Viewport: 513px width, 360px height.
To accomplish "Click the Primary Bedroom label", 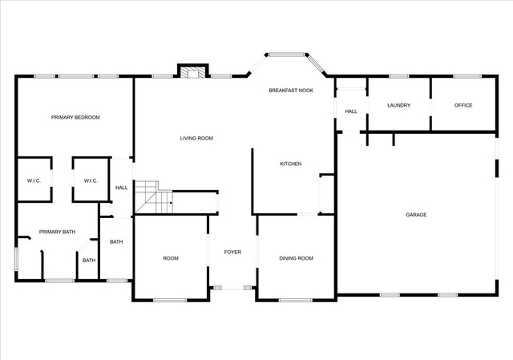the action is point(75,118).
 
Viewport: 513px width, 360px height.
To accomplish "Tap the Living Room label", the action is point(196,139).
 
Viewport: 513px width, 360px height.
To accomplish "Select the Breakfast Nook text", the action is point(291,91).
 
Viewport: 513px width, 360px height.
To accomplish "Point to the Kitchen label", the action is point(290,164).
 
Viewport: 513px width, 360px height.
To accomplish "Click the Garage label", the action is point(416,215).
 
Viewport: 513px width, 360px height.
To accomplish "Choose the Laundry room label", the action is point(398,105).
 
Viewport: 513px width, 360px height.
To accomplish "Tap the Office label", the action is point(463,105).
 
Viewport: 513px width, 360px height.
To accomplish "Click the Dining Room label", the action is point(296,258).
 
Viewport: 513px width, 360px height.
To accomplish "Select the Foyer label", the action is point(232,252).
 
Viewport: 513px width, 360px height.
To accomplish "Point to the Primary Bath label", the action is point(57,232).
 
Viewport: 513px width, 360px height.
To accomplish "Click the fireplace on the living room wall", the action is point(193,71).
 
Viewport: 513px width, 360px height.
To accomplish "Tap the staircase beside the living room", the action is point(154,197).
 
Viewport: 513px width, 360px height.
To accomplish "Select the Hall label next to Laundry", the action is point(351,111).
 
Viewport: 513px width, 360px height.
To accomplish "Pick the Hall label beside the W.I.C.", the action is point(121,188).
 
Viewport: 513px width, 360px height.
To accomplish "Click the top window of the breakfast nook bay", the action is point(287,55).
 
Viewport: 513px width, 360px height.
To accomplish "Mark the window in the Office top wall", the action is point(467,76).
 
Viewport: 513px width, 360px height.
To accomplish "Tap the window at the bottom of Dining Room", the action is point(296,300).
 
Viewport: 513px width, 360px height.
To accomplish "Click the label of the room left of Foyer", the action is point(171,258).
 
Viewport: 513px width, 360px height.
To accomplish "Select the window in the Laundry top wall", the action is point(399,76).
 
